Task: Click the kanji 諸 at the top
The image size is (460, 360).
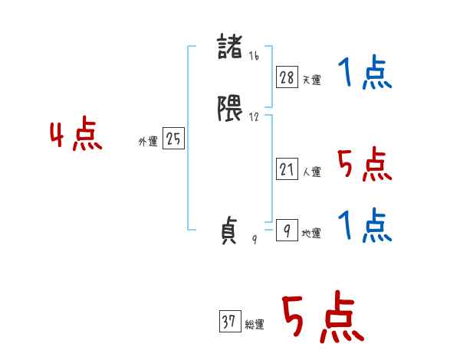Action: pyautogui.click(x=230, y=47)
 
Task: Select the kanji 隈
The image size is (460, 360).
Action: pyautogui.click(x=230, y=108)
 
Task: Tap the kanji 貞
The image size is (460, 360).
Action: pyautogui.click(x=228, y=230)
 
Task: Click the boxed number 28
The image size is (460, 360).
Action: pyautogui.click(x=287, y=77)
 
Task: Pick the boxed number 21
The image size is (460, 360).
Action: pyautogui.click(x=287, y=169)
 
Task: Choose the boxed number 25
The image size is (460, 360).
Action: pyautogui.click(x=173, y=138)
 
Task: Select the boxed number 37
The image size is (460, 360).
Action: pyautogui.click(x=230, y=321)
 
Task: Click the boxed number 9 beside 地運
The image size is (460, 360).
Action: pyautogui.click(x=287, y=230)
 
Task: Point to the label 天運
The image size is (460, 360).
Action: pyautogui.click(x=311, y=80)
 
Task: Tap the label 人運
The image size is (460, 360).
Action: pyautogui.click(x=311, y=172)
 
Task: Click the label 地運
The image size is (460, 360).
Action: pyautogui.click(x=311, y=234)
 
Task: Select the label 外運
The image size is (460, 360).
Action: pyautogui.click(x=148, y=142)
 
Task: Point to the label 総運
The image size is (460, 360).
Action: pyautogui.click(x=255, y=325)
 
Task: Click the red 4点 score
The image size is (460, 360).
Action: pyautogui.click(x=76, y=134)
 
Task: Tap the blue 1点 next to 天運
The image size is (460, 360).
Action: pyautogui.click(x=365, y=72)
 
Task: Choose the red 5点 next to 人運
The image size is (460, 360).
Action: pyautogui.click(x=365, y=164)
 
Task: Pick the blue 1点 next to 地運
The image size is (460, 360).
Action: pyautogui.click(x=365, y=225)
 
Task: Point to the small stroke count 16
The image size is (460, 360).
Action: pyautogui.click(x=254, y=56)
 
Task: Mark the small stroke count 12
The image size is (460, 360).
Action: pyautogui.click(x=254, y=117)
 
